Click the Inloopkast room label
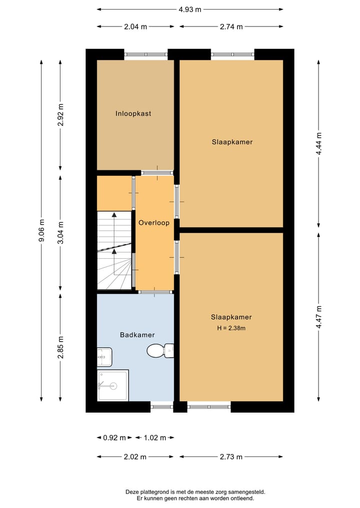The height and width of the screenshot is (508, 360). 133,113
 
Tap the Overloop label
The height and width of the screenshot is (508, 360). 154,223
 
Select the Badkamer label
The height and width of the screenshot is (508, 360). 137,335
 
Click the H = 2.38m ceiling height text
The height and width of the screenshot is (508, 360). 231,328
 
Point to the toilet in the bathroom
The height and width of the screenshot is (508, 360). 159,351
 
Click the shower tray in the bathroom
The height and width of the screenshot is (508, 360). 112,385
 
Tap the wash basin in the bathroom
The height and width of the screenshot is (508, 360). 104,357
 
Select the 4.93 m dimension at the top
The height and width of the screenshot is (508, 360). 190,9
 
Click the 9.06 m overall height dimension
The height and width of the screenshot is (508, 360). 41,230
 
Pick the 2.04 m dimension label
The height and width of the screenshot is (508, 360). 135,27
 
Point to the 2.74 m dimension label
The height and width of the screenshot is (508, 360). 231,27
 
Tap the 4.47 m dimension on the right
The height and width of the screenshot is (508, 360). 318,316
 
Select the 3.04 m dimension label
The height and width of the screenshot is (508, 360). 60,232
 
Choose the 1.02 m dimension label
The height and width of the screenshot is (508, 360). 154,438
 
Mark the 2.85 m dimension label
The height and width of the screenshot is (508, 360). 60,348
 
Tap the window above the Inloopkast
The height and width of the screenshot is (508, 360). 145,54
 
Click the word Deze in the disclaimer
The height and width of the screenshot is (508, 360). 133,492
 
